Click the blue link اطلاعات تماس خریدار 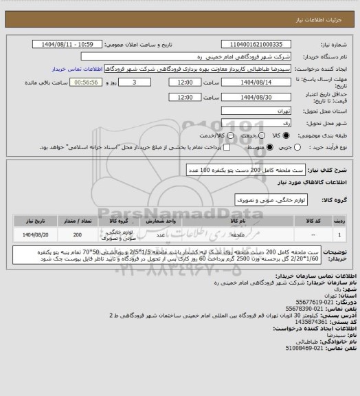[x=79, y=69]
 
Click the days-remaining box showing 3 [x=143, y=82]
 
